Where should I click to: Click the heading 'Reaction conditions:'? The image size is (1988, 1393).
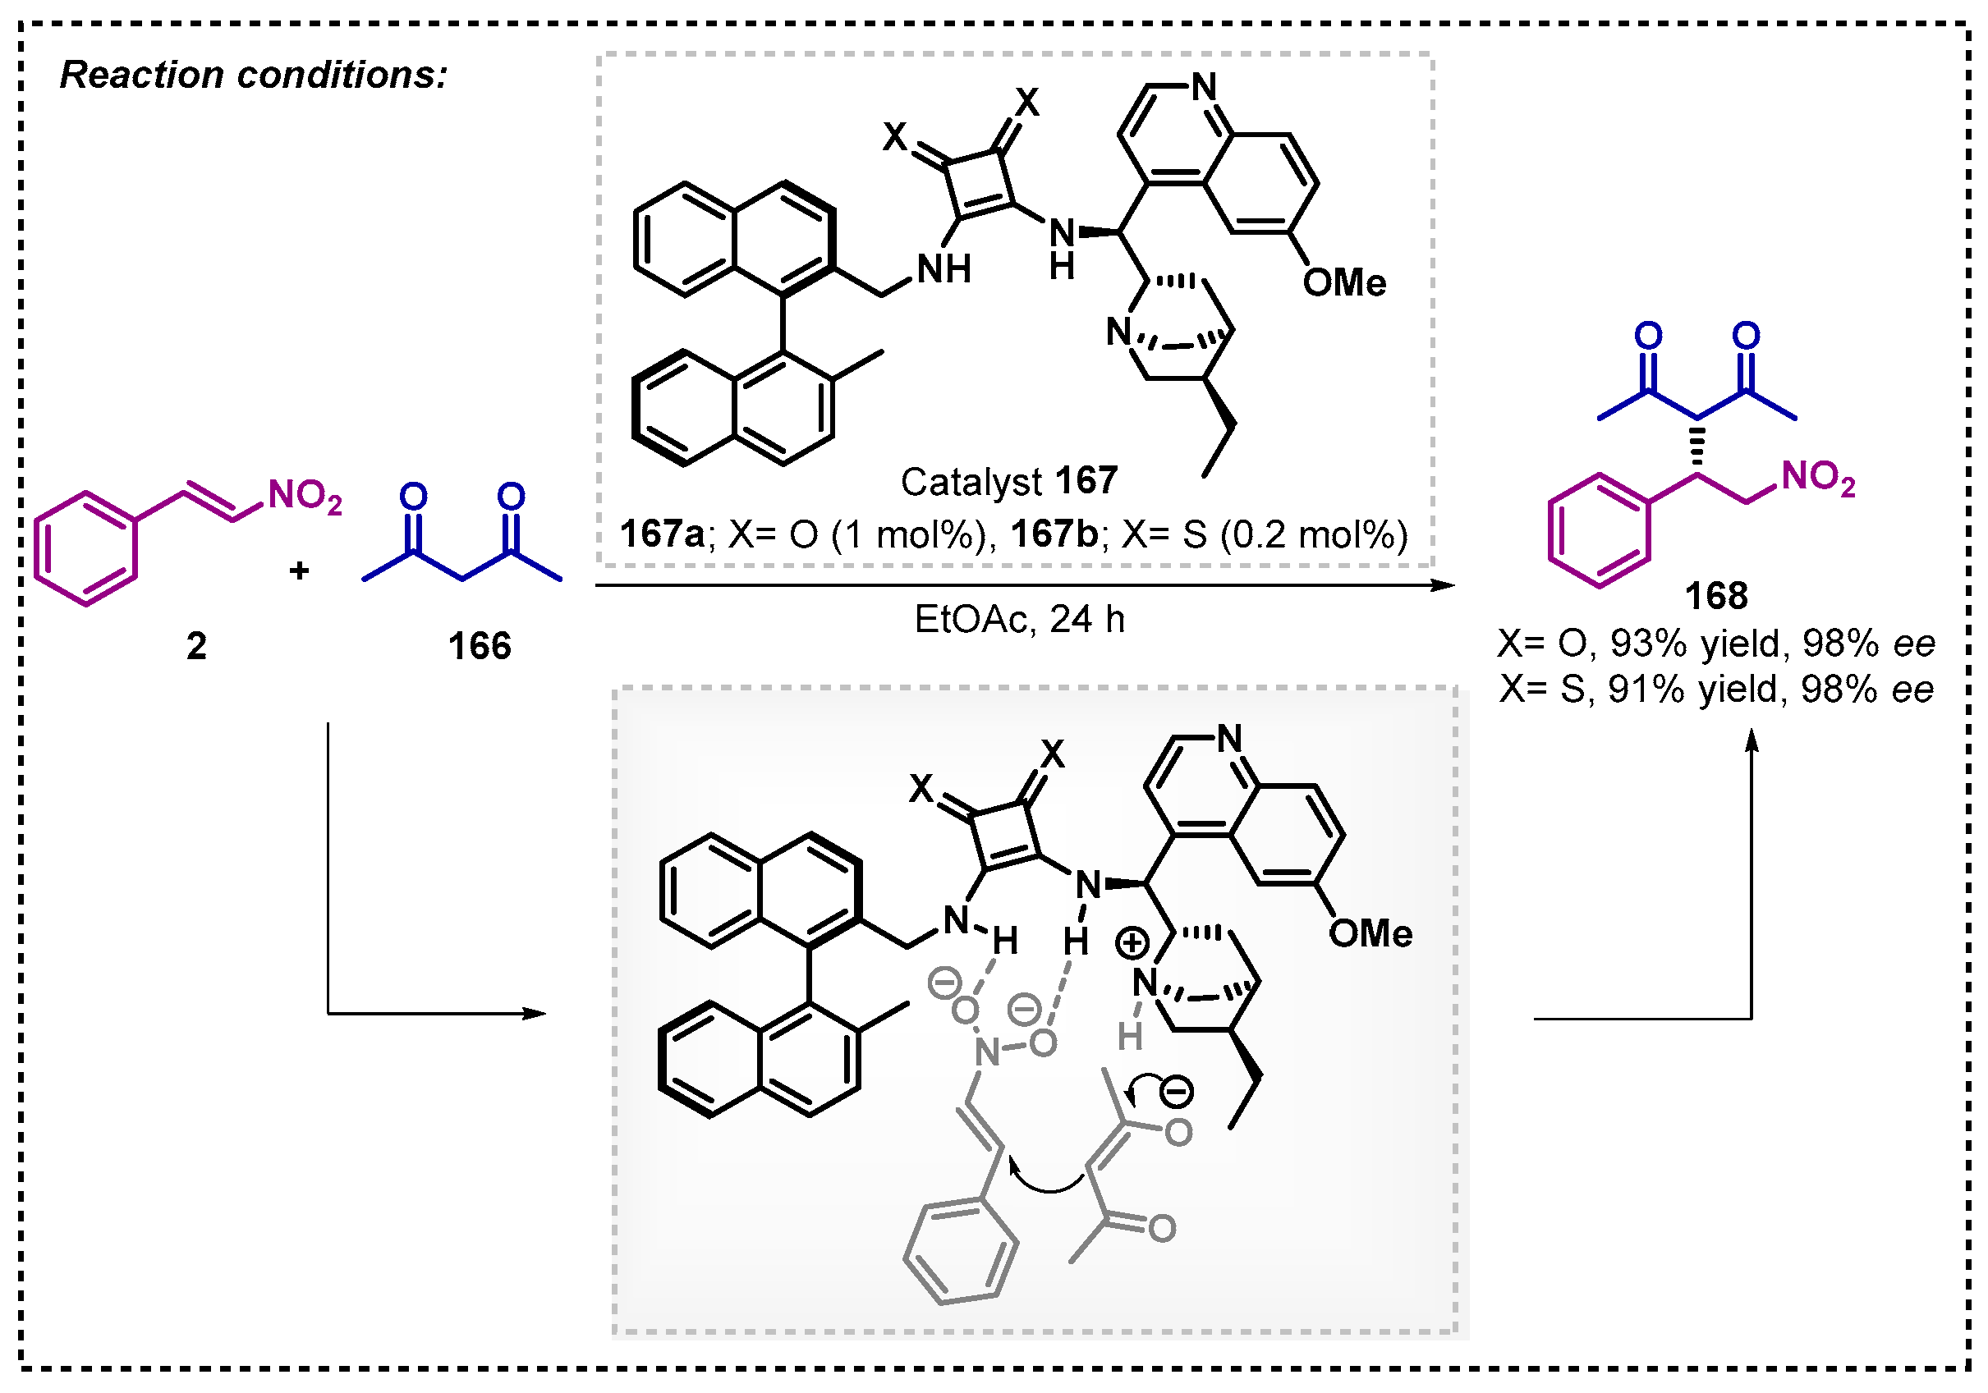(253, 76)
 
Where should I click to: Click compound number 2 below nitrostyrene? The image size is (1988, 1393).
(196, 647)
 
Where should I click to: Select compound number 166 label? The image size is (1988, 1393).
(479, 647)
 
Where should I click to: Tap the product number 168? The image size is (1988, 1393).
(1715, 597)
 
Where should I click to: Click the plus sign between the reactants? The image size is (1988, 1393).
(299, 570)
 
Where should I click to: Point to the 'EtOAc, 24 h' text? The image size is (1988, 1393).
(1019, 620)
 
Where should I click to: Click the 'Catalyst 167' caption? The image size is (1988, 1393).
(1008, 481)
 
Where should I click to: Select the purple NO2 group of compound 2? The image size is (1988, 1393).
(304, 497)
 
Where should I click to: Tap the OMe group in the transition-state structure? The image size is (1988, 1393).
(1370, 934)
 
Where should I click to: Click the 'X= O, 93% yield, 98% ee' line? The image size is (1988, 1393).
(1715, 644)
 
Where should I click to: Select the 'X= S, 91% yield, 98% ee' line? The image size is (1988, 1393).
(1715, 690)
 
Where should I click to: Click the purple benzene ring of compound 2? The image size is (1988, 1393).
(85, 549)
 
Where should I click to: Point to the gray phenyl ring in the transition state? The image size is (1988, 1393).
(960, 1250)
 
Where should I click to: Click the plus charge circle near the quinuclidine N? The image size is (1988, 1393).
(1132, 944)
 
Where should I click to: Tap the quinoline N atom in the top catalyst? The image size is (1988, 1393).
(1204, 86)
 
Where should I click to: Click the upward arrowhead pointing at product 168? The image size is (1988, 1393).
(1752, 741)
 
